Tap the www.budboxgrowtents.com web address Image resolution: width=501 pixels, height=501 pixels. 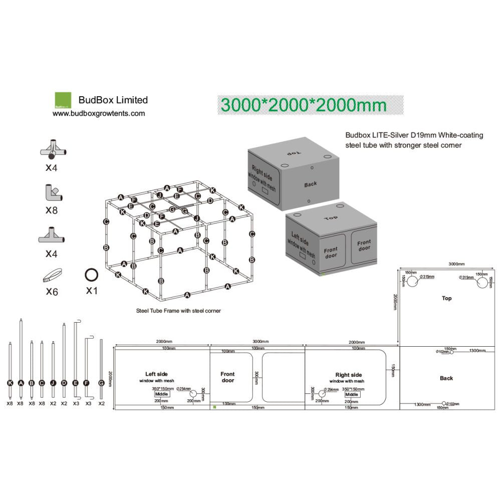click(99, 113)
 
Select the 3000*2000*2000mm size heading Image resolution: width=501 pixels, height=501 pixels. click(304, 105)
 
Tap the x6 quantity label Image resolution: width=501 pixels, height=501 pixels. click(52, 291)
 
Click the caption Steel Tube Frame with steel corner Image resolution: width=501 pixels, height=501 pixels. click(178, 311)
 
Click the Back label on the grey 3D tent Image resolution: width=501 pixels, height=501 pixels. click(311, 184)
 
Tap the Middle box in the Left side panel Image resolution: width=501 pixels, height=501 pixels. click(162, 394)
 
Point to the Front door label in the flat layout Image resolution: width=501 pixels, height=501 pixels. click(227, 377)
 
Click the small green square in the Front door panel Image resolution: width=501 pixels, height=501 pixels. click(214, 407)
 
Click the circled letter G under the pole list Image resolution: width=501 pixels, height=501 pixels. click(101, 383)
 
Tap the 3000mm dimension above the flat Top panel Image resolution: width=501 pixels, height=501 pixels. click(456, 264)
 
